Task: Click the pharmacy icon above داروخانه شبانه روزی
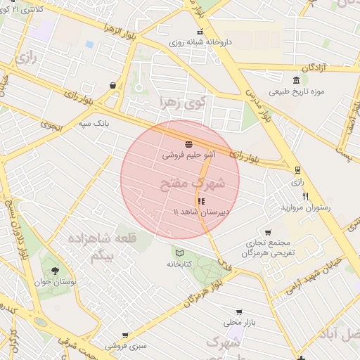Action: (x=200, y=32)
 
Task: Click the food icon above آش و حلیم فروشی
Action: (x=188, y=143)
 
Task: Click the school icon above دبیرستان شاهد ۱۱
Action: (x=202, y=201)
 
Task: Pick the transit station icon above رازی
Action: (x=297, y=170)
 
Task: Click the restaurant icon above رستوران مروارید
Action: (x=305, y=196)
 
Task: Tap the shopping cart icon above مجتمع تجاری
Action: (x=268, y=233)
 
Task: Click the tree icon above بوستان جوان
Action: (x=56, y=271)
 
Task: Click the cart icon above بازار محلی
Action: (x=239, y=311)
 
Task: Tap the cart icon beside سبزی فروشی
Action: (x=125, y=335)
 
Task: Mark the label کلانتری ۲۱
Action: (x=31, y=9)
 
